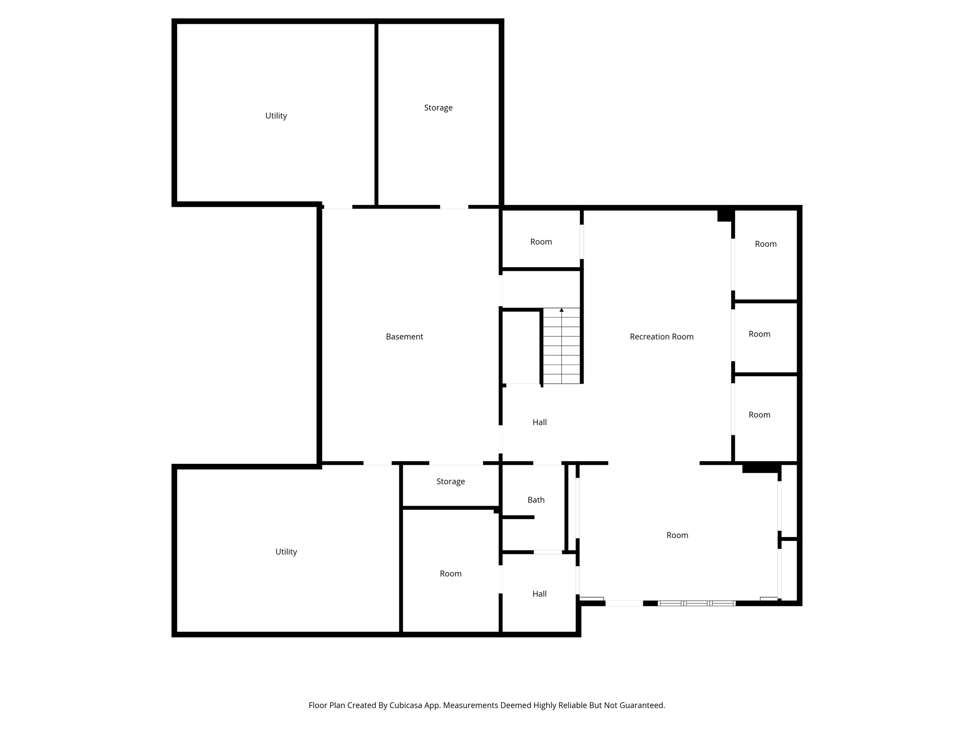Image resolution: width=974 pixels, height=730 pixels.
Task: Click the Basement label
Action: (x=404, y=336)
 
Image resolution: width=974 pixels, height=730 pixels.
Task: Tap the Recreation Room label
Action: (x=661, y=336)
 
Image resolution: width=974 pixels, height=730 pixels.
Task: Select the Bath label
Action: (x=536, y=499)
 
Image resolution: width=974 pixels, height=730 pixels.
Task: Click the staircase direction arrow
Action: (x=561, y=310)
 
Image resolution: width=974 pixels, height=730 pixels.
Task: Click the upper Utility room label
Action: (x=276, y=115)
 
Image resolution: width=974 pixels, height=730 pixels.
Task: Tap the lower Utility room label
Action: (x=286, y=551)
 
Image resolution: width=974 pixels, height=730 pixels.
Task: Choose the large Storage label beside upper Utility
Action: (x=438, y=107)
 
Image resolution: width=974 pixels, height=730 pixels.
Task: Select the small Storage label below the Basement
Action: (x=450, y=481)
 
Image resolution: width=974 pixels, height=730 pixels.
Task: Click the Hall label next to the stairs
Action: (x=539, y=422)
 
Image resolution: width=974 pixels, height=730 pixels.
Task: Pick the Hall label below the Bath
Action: (x=539, y=594)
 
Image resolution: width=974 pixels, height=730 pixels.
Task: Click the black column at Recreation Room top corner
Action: (x=725, y=215)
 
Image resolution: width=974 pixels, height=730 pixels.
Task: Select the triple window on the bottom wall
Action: (x=696, y=603)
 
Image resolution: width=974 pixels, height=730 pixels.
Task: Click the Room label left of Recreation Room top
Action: (x=541, y=241)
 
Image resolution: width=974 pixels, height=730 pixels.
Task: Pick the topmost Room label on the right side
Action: (x=765, y=244)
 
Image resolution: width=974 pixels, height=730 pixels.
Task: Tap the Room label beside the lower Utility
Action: (x=450, y=574)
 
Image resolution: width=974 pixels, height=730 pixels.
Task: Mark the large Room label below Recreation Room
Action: (x=677, y=535)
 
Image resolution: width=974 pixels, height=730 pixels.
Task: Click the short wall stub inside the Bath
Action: (x=518, y=517)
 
